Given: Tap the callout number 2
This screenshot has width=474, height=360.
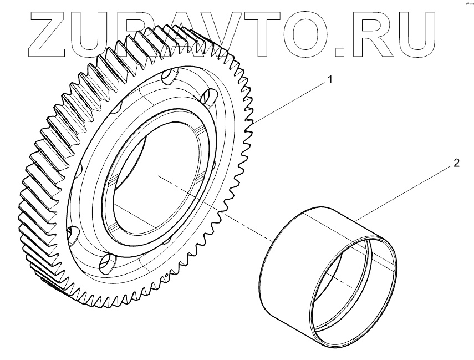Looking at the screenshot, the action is pos(456,163).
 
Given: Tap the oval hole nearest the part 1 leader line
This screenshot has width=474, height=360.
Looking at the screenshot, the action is pos(210,99).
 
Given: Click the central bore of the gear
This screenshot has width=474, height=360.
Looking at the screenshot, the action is pos(155,178).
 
